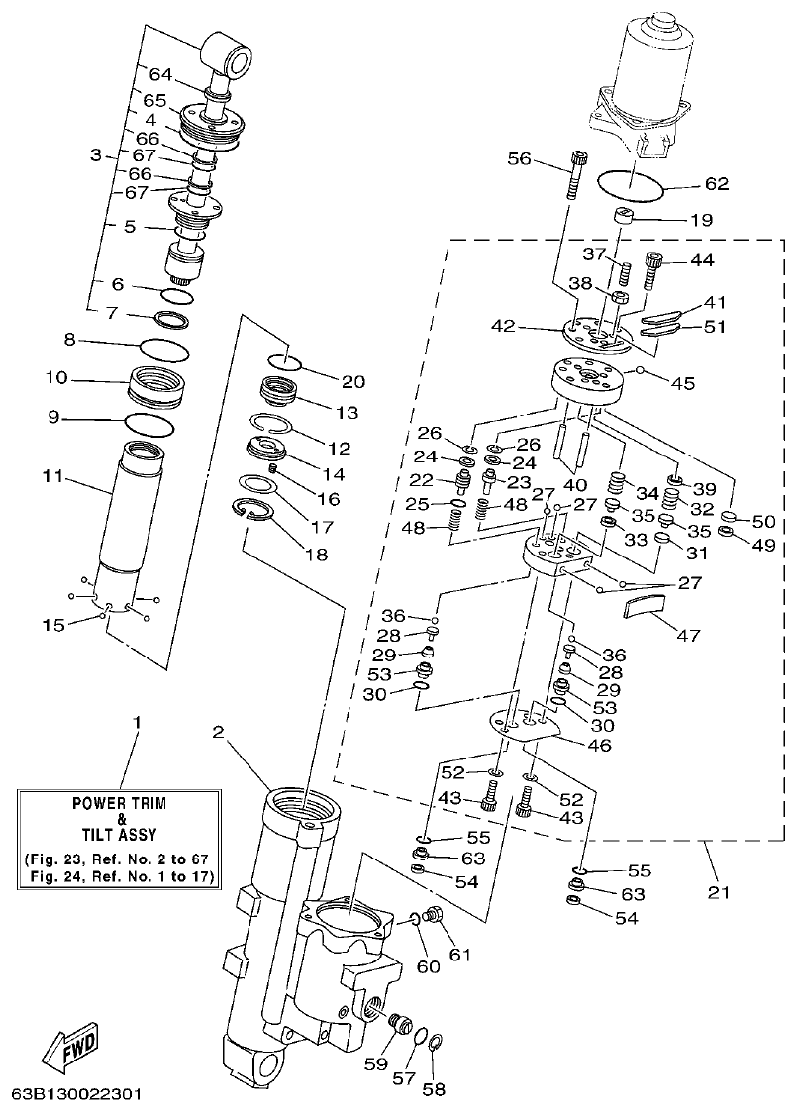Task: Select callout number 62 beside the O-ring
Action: coord(715,184)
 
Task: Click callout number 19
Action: coord(700,221)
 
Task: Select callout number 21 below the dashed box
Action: coord(719,892)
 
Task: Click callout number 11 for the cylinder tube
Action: coord(52,477)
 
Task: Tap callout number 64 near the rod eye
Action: coord(160,73)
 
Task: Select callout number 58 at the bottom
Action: coord(434,1090)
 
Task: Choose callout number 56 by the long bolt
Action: coord(521,158)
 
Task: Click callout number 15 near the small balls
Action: coord(53,625)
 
